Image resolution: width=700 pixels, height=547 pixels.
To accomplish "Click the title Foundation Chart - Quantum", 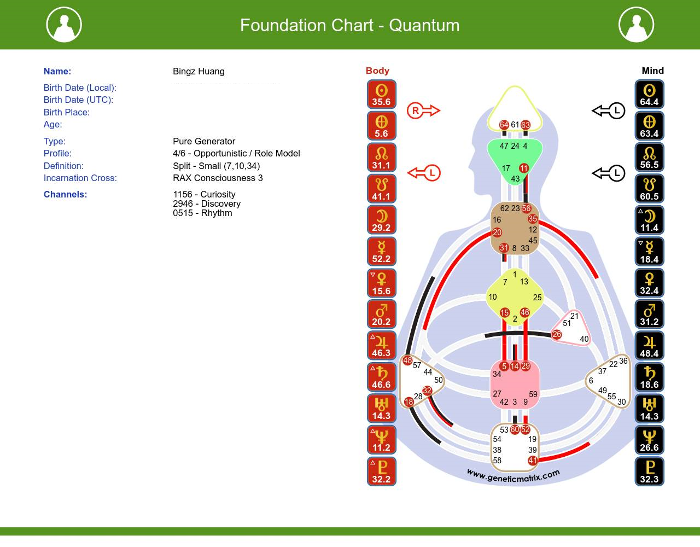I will (349, 25).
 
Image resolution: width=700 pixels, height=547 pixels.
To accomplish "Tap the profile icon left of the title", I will (64, 25).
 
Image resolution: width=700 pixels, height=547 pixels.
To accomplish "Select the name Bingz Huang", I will (199, 71).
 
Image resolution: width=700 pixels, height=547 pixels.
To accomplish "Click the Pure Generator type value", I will (204, 141).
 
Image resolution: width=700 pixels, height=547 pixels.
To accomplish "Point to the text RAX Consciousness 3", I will (218, 178).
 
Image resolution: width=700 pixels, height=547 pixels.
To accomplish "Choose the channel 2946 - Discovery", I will (207, 203).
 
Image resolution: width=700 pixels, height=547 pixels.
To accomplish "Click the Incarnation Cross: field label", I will (80, 178).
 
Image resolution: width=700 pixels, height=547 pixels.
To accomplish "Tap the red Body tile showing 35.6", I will (381, 94).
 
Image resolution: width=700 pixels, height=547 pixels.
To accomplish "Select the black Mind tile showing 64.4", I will (649, 94).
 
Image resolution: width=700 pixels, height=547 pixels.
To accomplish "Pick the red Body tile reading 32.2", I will (381, 472).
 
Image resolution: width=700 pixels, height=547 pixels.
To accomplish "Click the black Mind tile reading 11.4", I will (649, 220).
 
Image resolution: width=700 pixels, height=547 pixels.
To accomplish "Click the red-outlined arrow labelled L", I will (424, 173).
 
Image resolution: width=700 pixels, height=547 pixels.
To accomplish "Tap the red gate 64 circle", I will (504, 125).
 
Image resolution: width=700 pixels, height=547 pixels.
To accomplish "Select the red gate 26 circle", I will (557, 334).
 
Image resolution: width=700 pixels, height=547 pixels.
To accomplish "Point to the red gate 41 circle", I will (533, 461).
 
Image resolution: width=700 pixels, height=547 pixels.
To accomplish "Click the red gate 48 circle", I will (407, 360).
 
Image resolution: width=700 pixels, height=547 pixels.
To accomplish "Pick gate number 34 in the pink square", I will (497, 374).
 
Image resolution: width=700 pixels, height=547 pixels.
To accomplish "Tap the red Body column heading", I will (377, 71).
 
